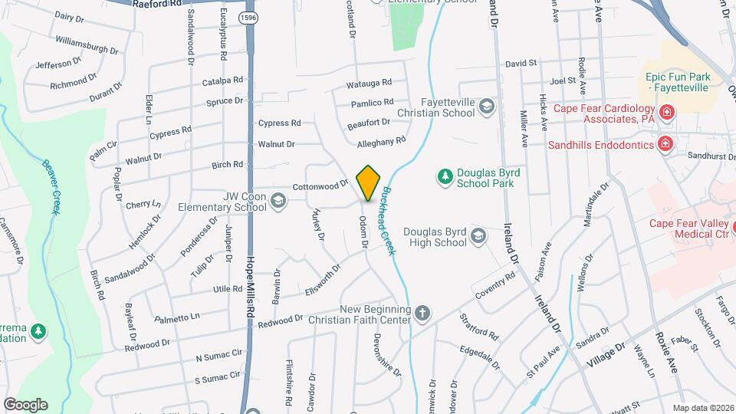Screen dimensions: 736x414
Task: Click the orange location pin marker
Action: point(368,183)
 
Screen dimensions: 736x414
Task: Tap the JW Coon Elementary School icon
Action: point(278,202)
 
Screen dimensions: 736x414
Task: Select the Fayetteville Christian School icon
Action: point(486,107)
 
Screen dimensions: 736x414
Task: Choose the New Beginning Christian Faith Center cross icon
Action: point(422,314)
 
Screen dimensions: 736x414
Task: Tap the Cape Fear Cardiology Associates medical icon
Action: point(666,113)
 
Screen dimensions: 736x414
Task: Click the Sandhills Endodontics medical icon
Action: point(665,143)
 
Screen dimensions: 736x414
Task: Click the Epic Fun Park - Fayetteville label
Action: point(678,82)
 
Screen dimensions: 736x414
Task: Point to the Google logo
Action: point(25,405)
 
